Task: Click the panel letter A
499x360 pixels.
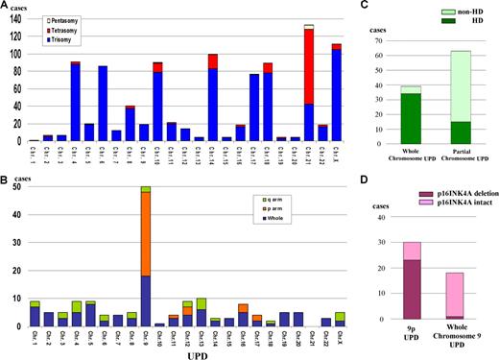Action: (5, 6)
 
